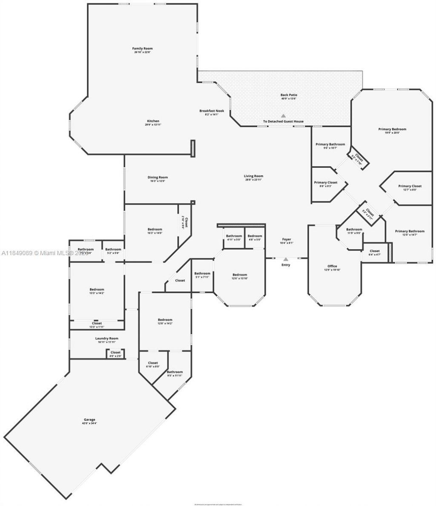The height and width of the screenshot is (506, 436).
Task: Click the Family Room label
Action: point(143,49)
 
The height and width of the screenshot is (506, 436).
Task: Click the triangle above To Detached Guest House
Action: point(283,115)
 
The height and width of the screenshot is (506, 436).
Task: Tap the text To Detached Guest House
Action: point(283,121)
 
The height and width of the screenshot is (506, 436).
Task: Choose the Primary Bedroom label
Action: point(392,129)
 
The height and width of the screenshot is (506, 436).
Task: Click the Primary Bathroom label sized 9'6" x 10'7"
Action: point(330,144)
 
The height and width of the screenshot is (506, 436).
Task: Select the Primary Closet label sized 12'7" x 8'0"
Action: point(410,186)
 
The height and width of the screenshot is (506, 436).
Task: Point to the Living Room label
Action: point(253,176)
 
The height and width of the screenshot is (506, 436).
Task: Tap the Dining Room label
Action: point(158,177)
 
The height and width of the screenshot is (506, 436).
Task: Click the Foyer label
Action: point(287,239)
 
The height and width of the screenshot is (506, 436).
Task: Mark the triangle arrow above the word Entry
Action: point(286,259)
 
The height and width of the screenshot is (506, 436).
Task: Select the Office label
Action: point(332,266)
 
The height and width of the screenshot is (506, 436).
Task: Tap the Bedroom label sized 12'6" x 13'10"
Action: point(239,275)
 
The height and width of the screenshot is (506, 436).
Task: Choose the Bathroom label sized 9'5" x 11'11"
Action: point(175,372)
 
